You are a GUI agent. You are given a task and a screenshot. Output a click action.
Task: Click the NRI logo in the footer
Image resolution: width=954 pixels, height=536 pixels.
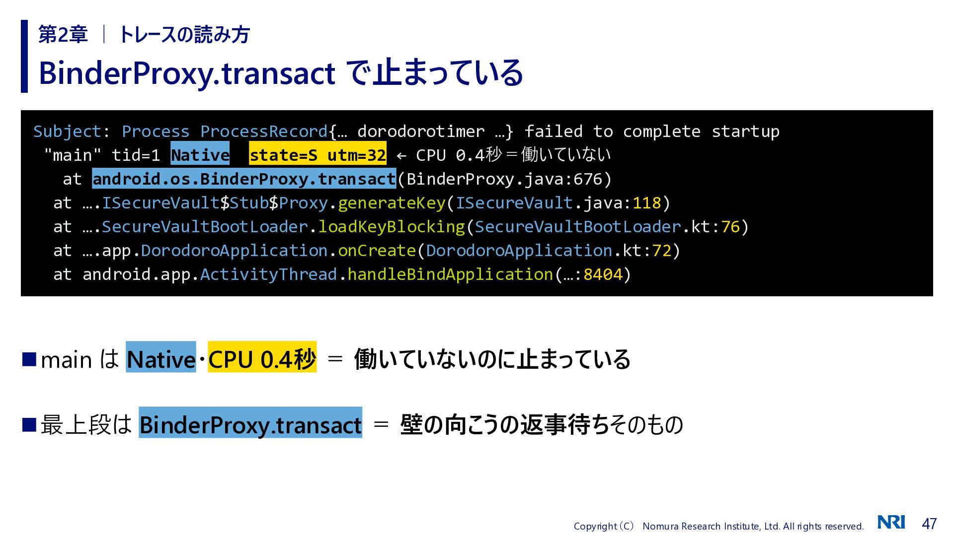tap(891, 523)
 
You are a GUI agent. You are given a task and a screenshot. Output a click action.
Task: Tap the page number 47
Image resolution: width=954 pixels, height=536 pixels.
tap(929, 524)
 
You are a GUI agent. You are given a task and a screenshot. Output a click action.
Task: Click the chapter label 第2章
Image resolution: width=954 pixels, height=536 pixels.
tap(63, 35)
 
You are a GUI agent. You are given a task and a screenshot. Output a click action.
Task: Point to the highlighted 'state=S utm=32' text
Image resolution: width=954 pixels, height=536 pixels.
tap(318, 155)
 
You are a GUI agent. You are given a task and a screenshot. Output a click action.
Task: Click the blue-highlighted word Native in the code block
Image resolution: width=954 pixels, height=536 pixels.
tap(200, 155)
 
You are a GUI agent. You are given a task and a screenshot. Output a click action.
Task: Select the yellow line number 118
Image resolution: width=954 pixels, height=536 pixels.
tap(646, 203)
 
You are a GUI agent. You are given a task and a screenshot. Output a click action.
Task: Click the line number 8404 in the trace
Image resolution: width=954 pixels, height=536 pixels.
tap(603, 274)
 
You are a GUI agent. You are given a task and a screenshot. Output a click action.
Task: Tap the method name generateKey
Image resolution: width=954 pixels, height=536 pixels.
tap(392, 203)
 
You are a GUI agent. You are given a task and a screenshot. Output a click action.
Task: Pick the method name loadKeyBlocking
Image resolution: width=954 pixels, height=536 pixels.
tap(392, 227)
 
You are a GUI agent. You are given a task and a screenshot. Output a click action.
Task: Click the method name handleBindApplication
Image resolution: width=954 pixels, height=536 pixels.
tap(450, 274)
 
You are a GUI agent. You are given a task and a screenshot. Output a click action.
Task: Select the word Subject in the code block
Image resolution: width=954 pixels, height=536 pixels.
tap(67, 132)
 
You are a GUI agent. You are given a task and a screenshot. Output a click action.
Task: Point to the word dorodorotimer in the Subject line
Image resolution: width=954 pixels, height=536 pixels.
tap(421, 132)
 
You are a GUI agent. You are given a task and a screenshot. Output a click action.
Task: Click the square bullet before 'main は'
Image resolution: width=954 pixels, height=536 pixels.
tap(29, 359)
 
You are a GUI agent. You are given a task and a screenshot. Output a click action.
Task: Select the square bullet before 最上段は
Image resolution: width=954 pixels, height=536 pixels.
tap(29, 425)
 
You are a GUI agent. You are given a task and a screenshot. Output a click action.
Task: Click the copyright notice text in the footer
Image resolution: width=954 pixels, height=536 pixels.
tap(718, 526)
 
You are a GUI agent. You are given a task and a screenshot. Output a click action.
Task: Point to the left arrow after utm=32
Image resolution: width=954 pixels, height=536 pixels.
tap(401, 156)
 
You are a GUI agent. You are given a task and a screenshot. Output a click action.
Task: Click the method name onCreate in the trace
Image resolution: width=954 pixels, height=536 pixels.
tap(377, 251)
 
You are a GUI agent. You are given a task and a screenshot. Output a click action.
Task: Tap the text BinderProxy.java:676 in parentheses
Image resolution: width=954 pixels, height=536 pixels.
tap(504, 179)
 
